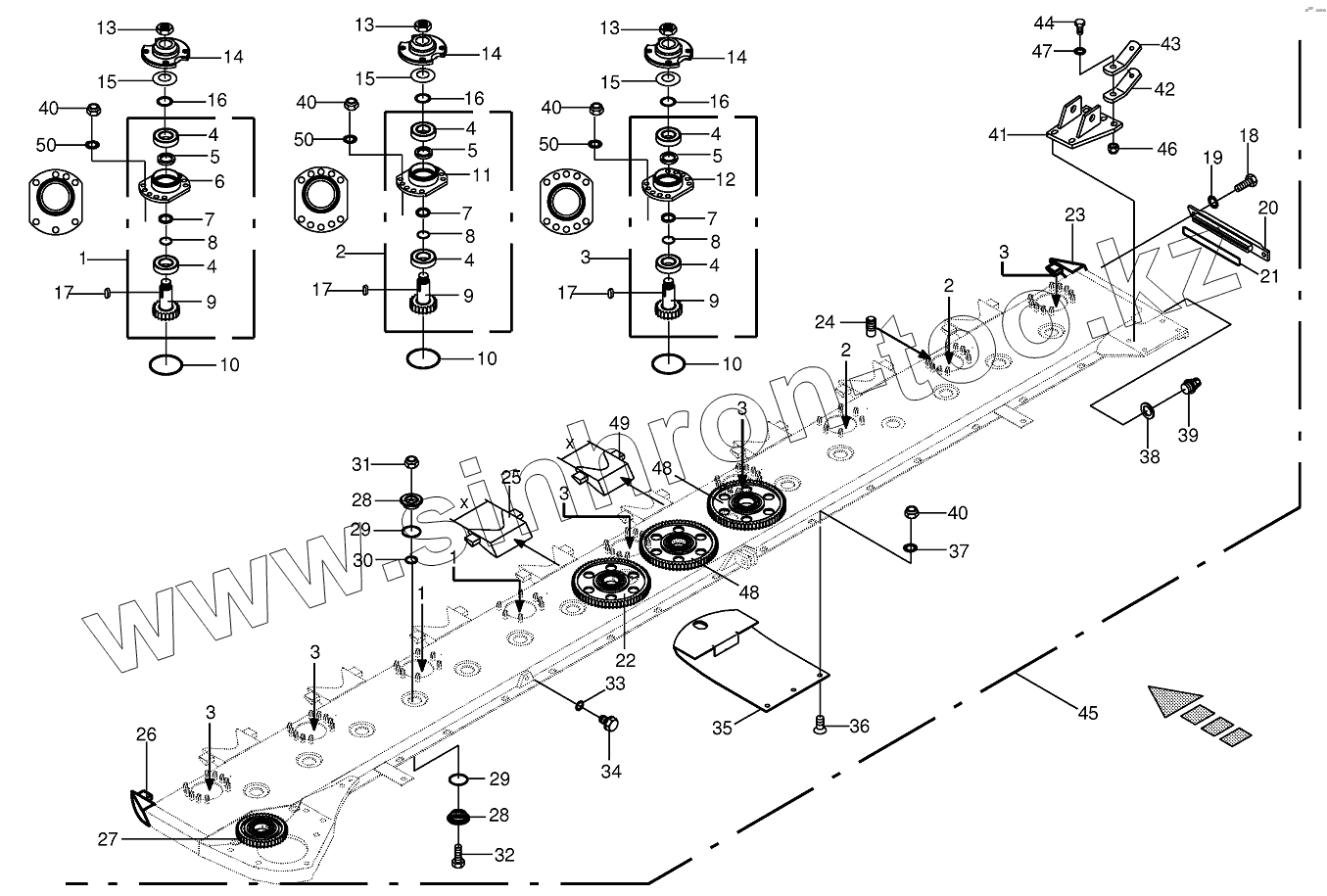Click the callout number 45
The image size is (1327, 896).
(1088, 714)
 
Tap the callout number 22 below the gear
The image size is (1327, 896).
(624, 661)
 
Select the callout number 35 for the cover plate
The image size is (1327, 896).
(723, 728)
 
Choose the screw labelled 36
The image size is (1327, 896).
(820, 725)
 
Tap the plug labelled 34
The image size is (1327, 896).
(609, 724)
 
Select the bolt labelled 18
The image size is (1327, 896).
(1248, 181)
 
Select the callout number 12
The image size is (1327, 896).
(726, 179)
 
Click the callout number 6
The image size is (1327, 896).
(219, 181)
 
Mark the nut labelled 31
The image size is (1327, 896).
(411, 462)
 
